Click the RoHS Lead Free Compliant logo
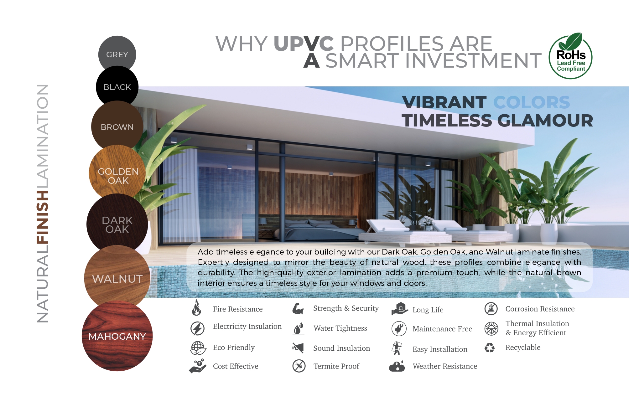570,56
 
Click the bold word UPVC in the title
304,44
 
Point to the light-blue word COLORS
532,102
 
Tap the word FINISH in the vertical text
43,217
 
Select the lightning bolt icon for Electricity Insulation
197,328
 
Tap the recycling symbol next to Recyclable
490,348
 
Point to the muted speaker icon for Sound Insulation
298,348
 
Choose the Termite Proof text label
336,366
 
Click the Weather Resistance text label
445,366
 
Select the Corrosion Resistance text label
540,309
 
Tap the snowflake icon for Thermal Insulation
491,328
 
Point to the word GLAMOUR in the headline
545,121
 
